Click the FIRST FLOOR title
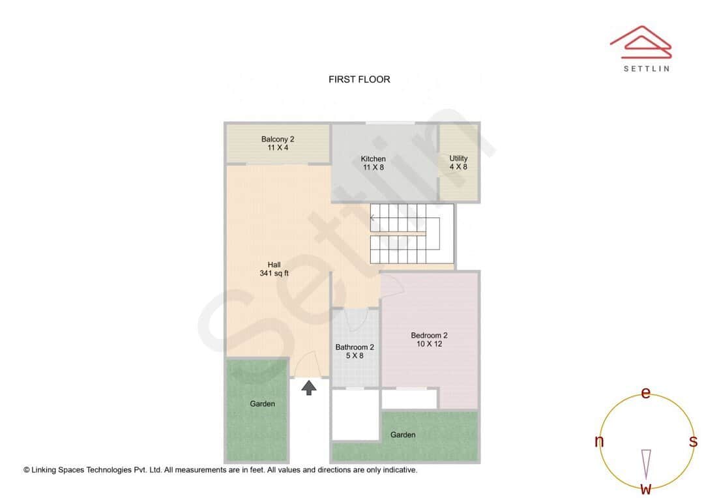coord(359,80)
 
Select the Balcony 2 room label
coord(278,143)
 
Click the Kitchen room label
coord(374,163)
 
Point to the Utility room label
coord(458,162)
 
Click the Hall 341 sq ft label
coord(274,269)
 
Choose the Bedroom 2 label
coord(429,340)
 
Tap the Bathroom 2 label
coord(355,351)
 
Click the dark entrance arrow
coord(309,388)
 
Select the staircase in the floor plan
coord(405,233)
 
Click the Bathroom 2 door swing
coord(356,318)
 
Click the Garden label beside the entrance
coord(263,404)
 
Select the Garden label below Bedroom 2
coord(403,435)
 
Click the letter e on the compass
coord(646,393)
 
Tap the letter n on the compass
coord(599,441)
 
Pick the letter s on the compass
coord(693,441)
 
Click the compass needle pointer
coord(646,463)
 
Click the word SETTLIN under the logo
coord(646,68)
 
